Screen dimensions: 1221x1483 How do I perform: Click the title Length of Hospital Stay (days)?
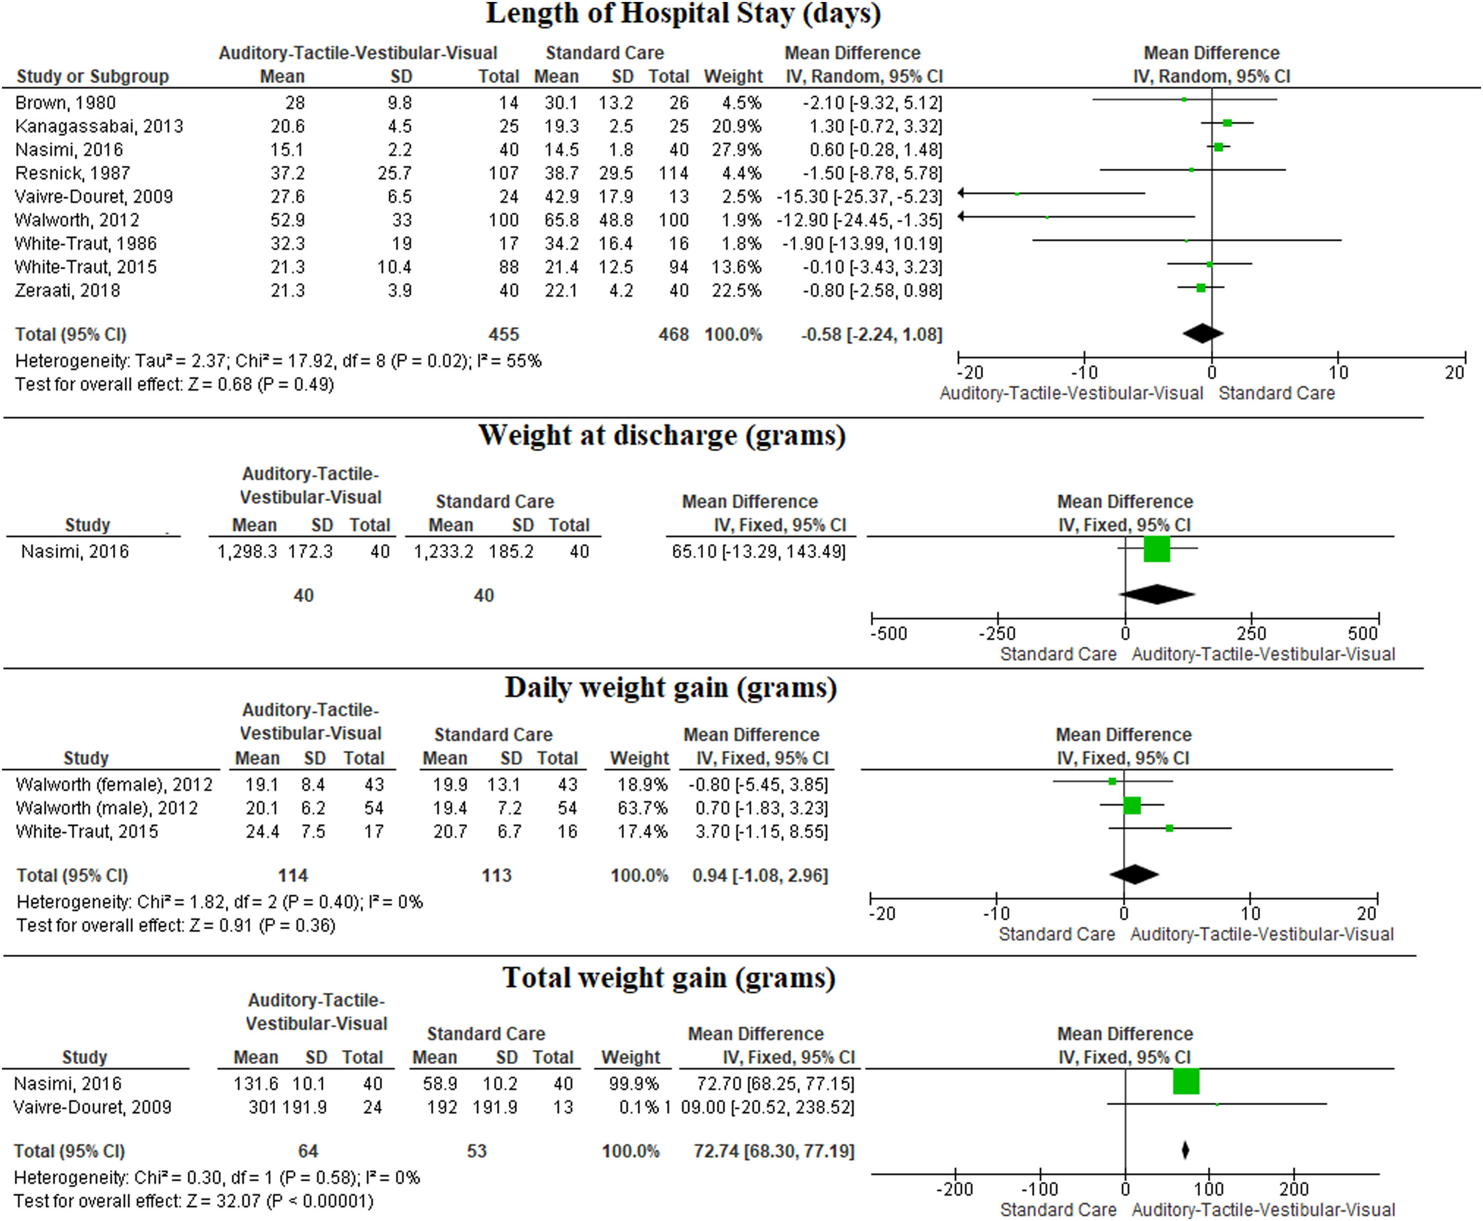tap(683, 14)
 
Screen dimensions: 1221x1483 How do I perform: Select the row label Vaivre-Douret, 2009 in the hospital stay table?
tap(94, 196)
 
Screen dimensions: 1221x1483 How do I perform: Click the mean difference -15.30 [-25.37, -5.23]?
tap(859, 196)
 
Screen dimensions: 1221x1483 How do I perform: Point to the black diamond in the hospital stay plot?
tap(1202, 333)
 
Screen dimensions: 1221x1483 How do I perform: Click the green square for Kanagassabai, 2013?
tap(1227, 123)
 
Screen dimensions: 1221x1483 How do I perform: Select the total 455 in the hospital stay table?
tap(503, 334)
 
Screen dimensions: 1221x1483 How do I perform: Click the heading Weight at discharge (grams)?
tap(662, 435)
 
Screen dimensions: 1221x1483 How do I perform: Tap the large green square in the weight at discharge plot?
tap(1157, 548)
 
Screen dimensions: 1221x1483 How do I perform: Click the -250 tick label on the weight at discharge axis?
tap(997, 633)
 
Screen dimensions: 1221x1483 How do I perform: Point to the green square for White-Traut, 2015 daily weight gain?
tap(1169, 828)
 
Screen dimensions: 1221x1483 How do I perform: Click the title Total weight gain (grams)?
tap(669, 978)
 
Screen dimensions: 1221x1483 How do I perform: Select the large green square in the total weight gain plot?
tap(1186, 1081)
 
